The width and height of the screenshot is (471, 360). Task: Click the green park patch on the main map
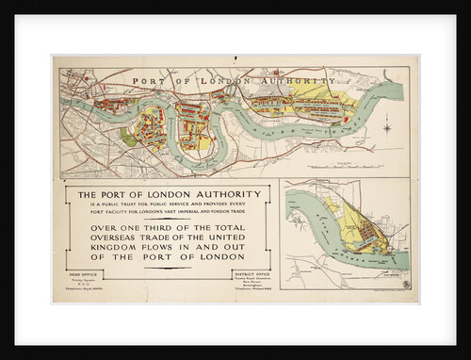tap(128, 138)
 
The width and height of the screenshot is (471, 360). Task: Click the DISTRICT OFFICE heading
tap(246, 273)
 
